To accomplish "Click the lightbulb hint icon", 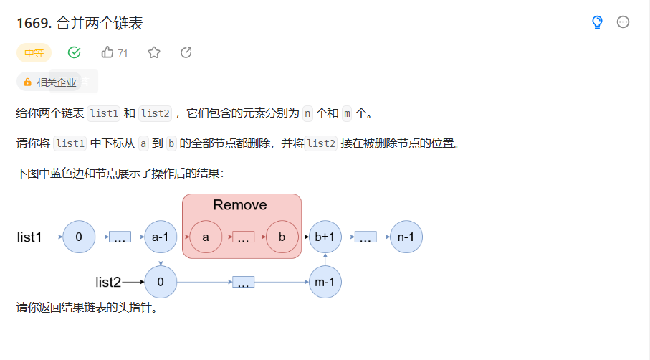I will [597, 23].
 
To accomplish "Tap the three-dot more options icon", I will [623, 23].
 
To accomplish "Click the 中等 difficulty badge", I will [34, 52].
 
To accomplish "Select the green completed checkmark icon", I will [74, 52].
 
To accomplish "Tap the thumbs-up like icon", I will [108, 52].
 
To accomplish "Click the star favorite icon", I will [154, 52].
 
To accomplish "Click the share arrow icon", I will [186, 52].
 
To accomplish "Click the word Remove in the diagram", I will [240, 206].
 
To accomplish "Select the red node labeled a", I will [206, 237].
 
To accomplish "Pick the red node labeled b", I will [282, 237].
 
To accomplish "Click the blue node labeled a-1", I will [161, 237].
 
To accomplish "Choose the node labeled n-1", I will [406, 237].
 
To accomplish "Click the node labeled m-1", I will [325, 282].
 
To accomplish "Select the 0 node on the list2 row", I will [161, 282].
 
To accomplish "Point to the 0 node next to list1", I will [79, 237].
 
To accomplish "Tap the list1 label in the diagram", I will [29, 237].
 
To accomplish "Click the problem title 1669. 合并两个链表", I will [80, 23].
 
